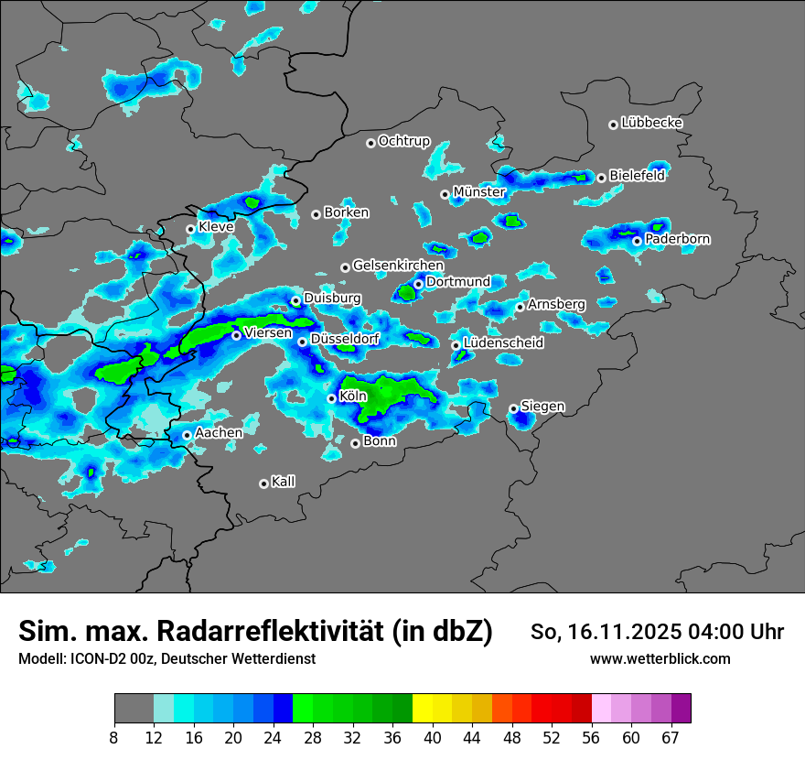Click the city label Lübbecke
[x=651, y=123]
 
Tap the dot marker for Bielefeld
[x=601, y=177]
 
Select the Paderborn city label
[x=677, y=239]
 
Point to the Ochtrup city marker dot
[x=370, y=142]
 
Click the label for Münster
[x=479, y=191]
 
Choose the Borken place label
[x=347, y=212]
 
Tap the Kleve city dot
[x=190, y=229]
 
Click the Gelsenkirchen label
[x=398, y=266]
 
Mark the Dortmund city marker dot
[x=418, y=284]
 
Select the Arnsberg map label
[x=556, y=304]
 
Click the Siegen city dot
[x=513, y=408]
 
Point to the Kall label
[x=284, y=482]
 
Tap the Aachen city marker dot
[x=187, y=435]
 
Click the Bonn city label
[x=380, y=441]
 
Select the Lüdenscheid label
[x=503, y=343]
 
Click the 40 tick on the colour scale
[x=433, y=737]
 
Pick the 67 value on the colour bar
[x=671, y=737]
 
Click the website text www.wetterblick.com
[x=660, y=658]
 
